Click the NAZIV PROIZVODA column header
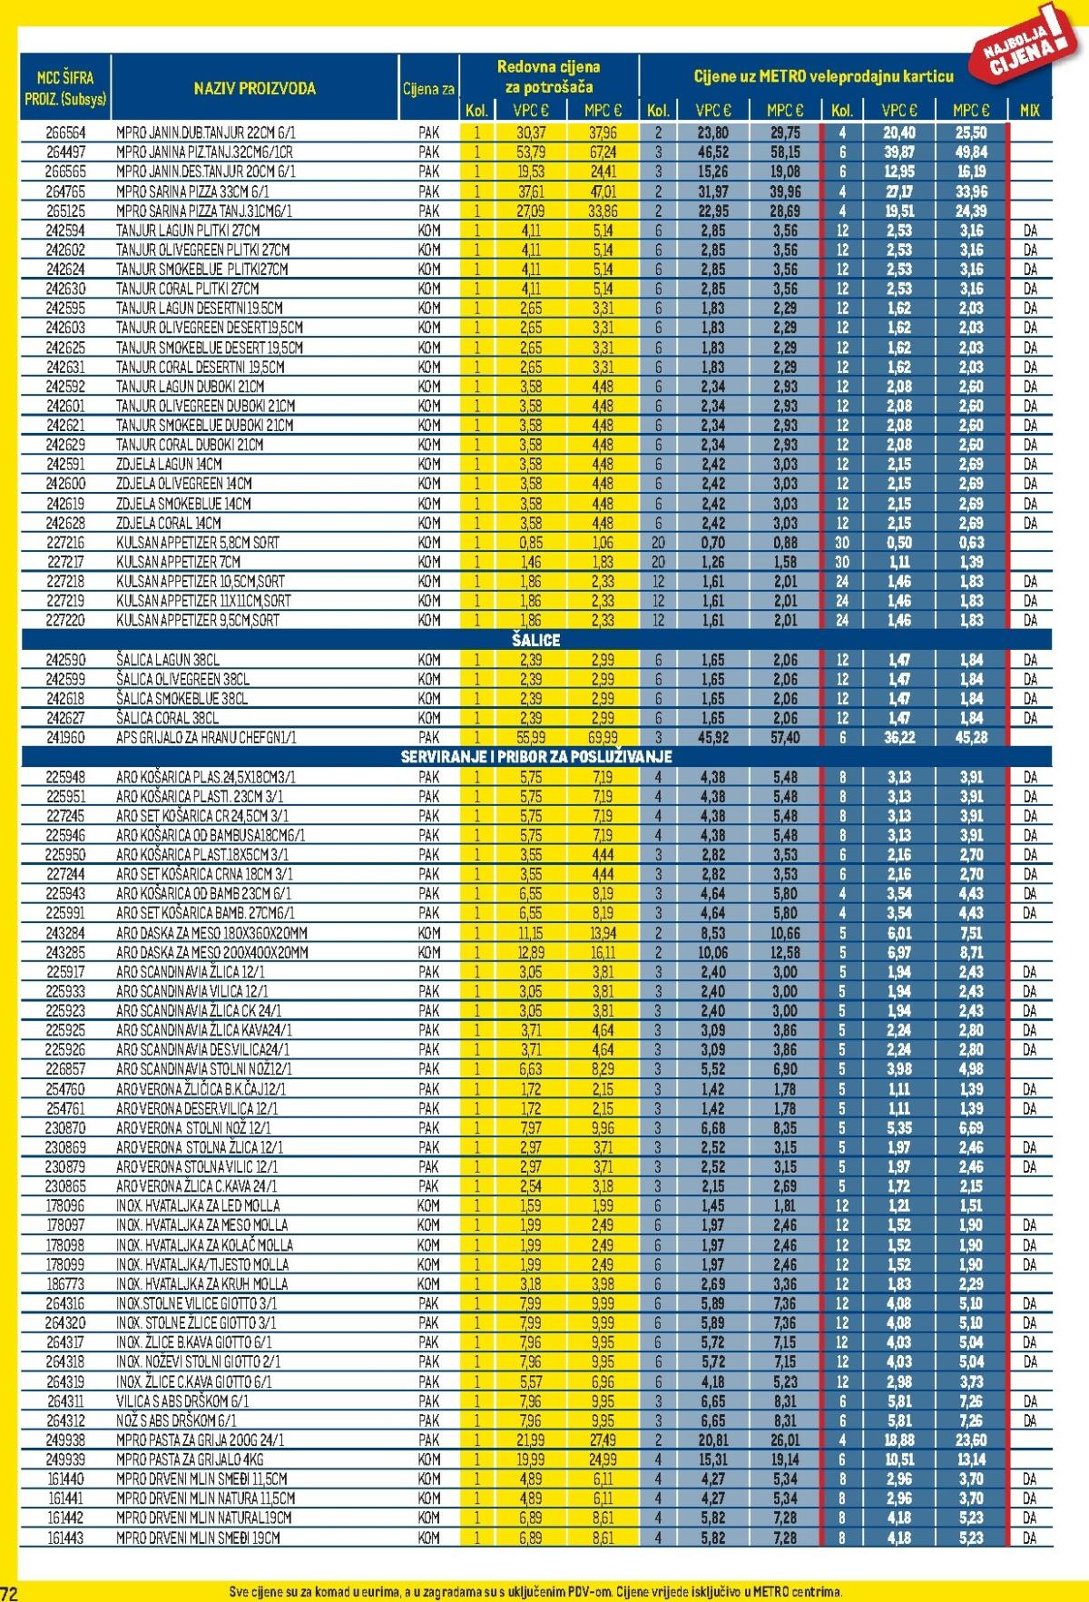click(x=254, y=89)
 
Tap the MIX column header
click(x=1029, y=111)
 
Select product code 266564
click(x=65, y=133)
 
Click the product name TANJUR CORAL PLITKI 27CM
click(x=187, y=289)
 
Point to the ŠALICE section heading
click(x=535, y=640)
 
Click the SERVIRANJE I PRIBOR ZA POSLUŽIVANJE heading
click(x=535, y=757)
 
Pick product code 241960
click(x=65, y=738)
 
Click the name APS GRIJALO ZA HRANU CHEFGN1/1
click(x=206, y=738)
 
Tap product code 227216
click(x=65, y=543)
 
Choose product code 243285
click(x=65, y=952)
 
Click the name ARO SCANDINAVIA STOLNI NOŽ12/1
click(x=204, y=1069)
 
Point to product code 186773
click(x=65, y=1283)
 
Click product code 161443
click(x=65, y=1538)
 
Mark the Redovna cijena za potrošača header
click(x=548, y=77)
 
